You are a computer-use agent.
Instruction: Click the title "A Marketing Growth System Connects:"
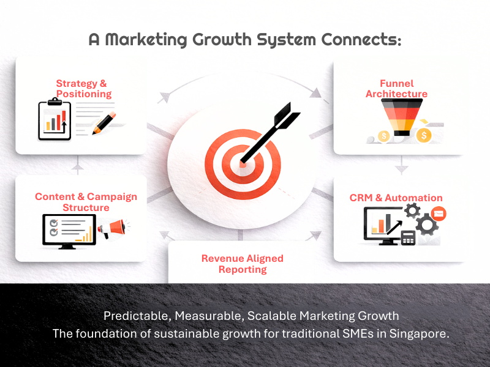[245, 40]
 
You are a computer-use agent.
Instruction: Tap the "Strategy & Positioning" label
[83, 89]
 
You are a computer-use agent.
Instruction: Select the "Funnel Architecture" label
[396, 89]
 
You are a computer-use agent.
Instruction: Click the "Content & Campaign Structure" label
[86, 202]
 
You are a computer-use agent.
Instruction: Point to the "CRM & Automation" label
[396, 198]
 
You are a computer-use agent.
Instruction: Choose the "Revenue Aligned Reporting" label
[243, 264]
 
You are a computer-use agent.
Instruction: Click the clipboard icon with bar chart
[55, 120]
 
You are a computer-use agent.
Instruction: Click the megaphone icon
[111, 229]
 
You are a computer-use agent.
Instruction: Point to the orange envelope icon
[438, 213]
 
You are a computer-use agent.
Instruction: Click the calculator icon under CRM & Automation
[408, 237]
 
